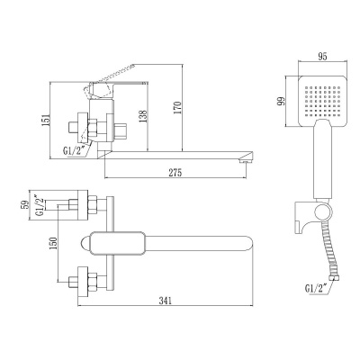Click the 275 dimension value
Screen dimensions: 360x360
point(175,173)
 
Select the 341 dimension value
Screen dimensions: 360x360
point(166,301)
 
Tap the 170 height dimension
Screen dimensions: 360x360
point(177,108)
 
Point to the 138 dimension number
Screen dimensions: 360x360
point(143,116)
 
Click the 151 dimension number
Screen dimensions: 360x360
point(45,121)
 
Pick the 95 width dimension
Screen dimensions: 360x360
point(322,57)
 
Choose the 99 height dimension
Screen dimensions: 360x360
point(281,101)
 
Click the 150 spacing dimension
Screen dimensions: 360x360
point(53,244)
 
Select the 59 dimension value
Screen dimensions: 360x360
point(25,204)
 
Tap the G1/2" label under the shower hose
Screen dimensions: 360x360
point(315,289)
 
